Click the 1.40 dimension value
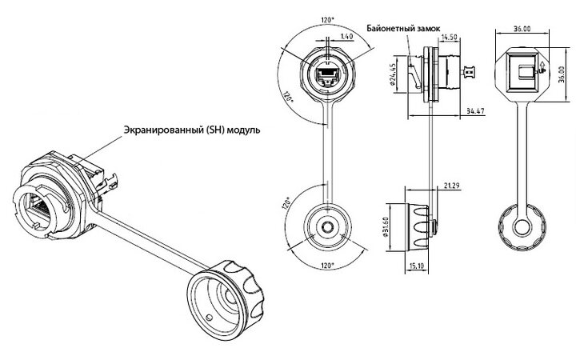coord(346,36)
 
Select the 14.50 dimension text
coord(449,37)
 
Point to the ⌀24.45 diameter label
coord(392,74)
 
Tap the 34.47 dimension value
coord(475,110)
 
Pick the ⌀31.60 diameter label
coord(386,227)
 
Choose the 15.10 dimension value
coord(416,265)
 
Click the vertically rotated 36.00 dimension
coord(561,74)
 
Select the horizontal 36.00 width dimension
coord(522,29)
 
